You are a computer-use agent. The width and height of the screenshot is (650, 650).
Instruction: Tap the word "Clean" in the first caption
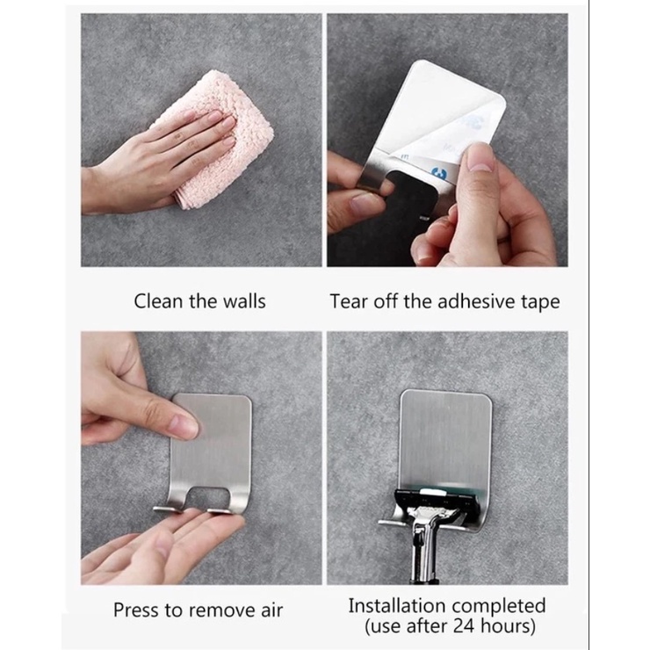(x=158, y=301)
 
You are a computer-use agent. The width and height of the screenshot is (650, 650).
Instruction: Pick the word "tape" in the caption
(x=540, y=302)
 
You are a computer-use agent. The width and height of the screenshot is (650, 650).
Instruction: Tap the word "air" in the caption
(x=272, y=610)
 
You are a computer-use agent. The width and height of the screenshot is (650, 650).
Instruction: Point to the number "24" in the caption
(x=464, y=626)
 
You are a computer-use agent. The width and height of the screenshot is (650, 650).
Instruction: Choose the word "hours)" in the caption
(x=508, y=626)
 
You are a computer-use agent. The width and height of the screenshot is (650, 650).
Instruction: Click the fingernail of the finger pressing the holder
(x=184, y=427)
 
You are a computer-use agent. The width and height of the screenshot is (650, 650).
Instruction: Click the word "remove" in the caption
(x=218, y=610)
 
